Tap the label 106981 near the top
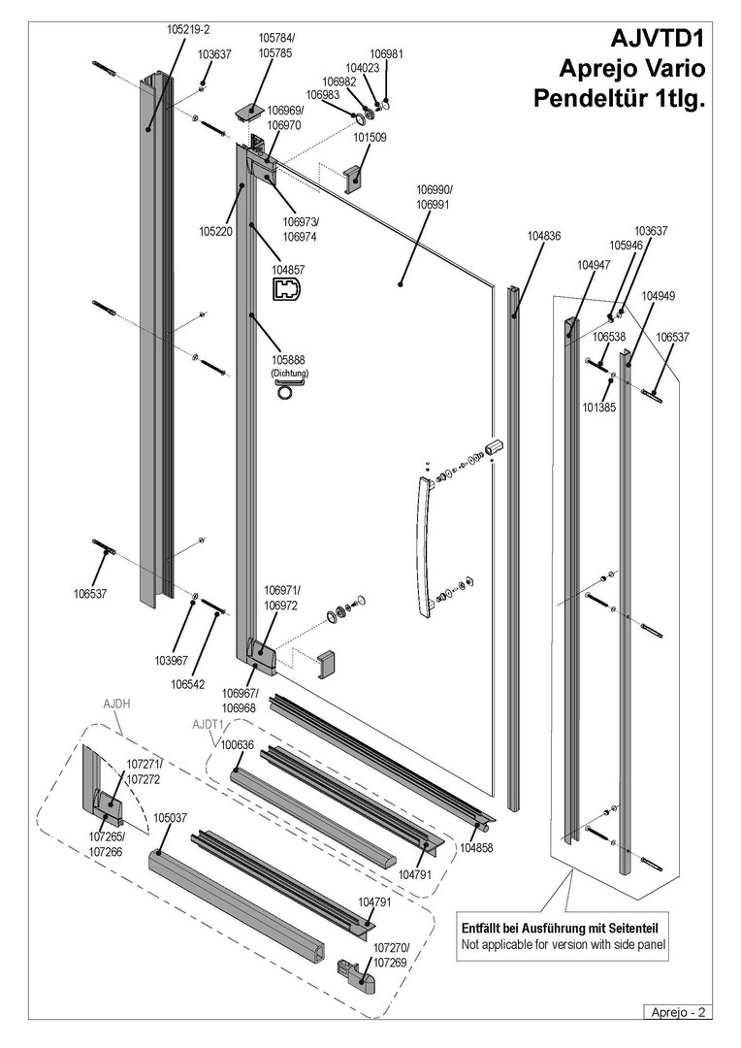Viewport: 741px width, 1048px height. coord(387,53)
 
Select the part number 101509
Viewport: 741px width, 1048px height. coord(370,138)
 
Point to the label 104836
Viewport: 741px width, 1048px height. coord(544,236)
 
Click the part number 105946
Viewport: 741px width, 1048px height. coord(626,246)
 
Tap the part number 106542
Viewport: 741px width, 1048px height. coord(190,683)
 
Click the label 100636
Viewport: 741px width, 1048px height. coord(238,745)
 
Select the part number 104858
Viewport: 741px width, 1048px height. coord(476,847)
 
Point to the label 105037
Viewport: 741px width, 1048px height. coord(171,817)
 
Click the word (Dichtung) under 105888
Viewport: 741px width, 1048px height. coord(288,374)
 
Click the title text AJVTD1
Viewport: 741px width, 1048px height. coord(656,40)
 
